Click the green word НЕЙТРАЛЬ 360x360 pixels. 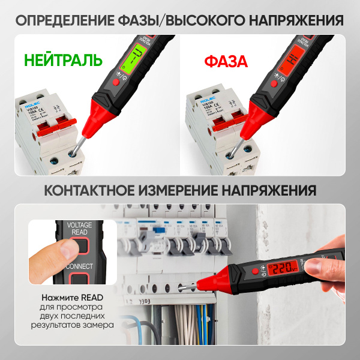[x=63, y=61]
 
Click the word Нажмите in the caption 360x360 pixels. [x=61, y=298]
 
